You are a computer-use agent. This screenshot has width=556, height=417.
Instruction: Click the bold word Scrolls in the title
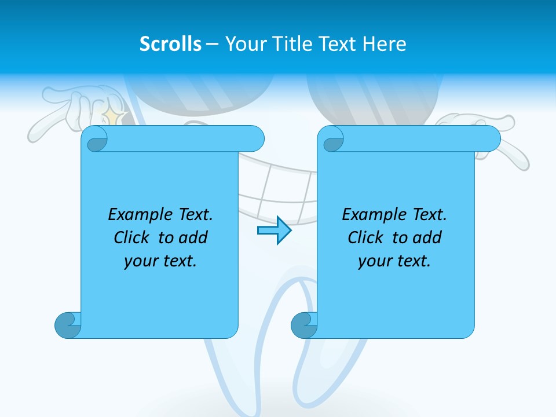170,44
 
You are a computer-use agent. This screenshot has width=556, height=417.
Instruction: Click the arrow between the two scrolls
274,231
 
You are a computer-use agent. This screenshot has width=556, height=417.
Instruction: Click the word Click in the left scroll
133,237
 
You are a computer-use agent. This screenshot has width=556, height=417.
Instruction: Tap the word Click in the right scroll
367,237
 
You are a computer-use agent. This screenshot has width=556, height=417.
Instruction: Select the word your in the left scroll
140,261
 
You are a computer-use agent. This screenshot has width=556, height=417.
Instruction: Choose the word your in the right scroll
374,261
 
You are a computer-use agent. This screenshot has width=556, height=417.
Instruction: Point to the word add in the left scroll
193,237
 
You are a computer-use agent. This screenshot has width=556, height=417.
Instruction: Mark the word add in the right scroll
427,237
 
